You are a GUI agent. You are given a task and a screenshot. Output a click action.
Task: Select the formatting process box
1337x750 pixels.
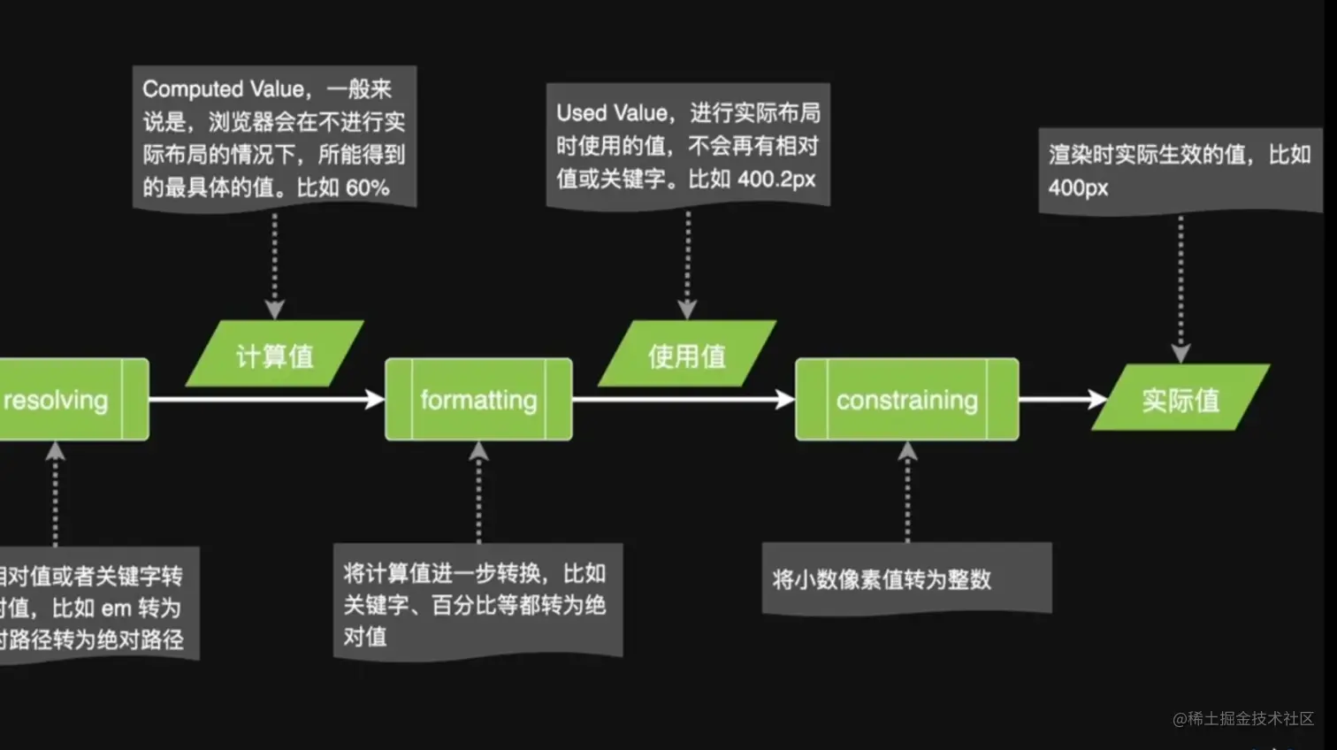478,400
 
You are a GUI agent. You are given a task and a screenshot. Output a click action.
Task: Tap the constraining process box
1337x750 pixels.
906,400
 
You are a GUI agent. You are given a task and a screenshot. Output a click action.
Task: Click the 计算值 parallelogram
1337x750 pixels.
274,355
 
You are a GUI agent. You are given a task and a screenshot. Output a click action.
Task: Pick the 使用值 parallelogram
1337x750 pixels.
687,355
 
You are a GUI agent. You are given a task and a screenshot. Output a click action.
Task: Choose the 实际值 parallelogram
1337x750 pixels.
1180,399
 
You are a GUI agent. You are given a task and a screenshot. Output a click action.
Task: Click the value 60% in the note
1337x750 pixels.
367,187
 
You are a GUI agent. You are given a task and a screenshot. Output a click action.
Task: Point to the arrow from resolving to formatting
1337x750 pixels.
265,400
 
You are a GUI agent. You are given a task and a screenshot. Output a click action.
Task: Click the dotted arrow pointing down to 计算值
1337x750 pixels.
274,265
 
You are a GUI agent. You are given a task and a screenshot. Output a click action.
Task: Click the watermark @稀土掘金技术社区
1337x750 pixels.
1242,718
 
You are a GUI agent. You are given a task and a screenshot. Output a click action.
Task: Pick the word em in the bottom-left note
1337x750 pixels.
116,608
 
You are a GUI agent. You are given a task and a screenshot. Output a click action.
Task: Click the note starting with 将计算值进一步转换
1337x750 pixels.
477,603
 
